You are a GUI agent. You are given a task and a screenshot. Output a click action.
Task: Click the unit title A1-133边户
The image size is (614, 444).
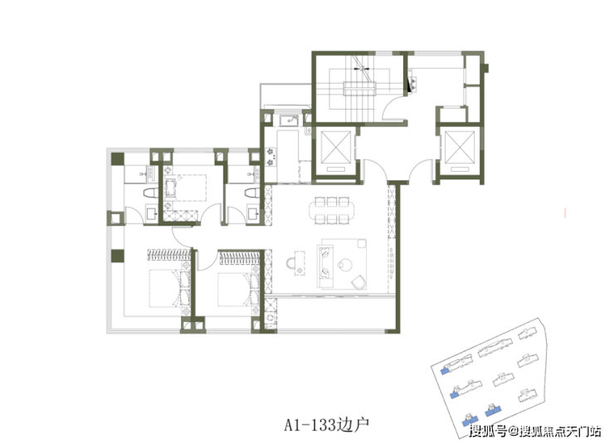point(327,424)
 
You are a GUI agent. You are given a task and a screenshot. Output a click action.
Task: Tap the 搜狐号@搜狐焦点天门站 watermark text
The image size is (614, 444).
point(536,431)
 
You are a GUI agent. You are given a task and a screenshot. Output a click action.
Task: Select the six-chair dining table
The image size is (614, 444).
point(332,210)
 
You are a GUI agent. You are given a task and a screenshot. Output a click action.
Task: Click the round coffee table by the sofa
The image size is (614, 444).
point(344,265)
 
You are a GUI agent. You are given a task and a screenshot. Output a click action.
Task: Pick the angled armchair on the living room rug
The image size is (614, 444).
point(358,282)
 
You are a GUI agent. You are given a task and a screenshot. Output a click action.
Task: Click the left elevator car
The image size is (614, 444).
point(335,151)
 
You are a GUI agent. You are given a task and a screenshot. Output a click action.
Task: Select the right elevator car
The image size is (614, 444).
point(460,151)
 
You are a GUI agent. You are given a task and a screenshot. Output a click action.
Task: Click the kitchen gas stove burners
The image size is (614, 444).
point(270,157)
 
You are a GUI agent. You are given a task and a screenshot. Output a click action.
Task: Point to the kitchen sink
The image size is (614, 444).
point(289,120)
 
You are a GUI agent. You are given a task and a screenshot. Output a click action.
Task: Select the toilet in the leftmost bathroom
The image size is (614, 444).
point(150,193)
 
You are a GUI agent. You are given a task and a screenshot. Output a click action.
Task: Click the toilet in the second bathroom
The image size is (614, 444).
point(251,193)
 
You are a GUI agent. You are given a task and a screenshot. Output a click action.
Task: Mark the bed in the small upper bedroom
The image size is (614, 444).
point(185,188)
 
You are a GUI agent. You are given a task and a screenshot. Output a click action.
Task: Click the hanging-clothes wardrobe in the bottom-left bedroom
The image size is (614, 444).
point(168,254)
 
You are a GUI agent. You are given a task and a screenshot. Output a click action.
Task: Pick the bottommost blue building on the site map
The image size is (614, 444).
point(467,420)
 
